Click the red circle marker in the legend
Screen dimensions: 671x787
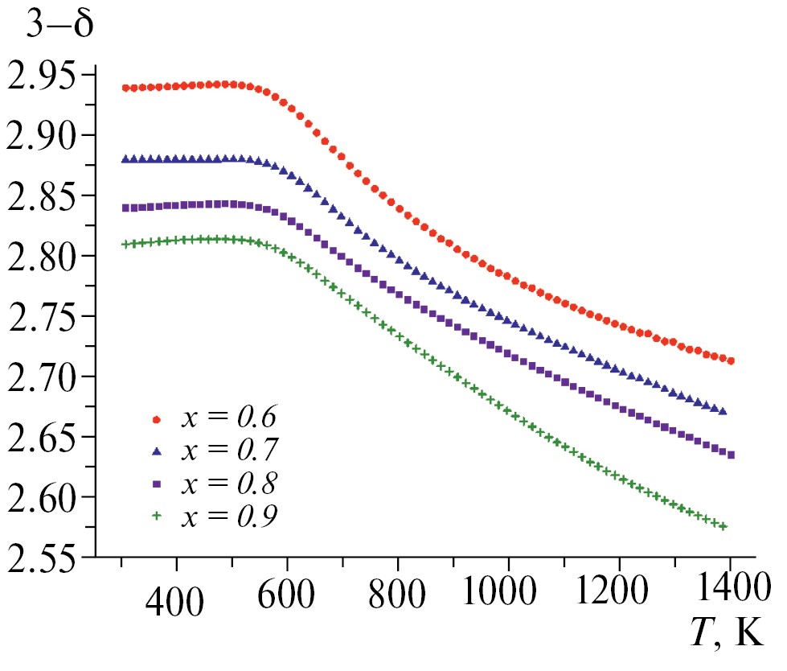(158, 419)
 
